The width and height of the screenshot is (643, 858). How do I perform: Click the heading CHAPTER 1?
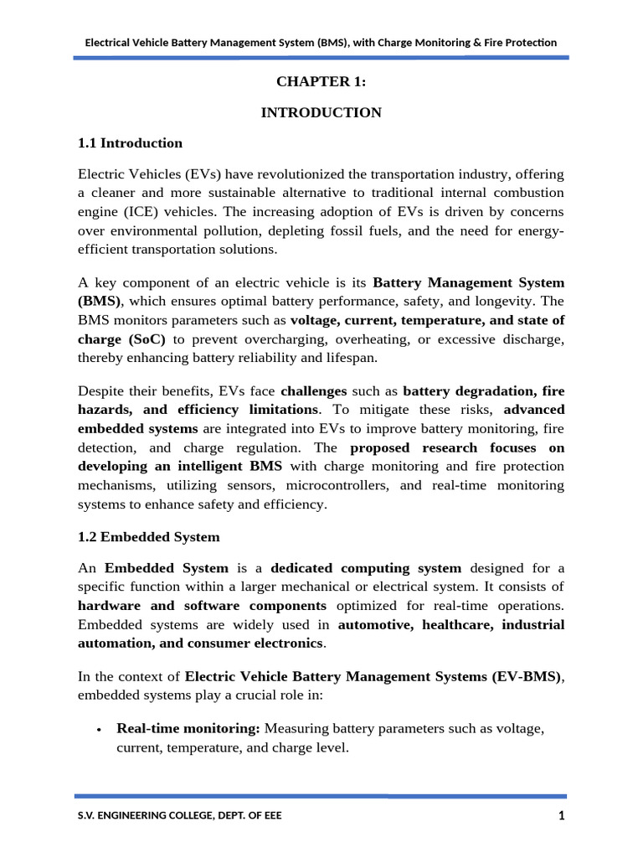pos(321,81)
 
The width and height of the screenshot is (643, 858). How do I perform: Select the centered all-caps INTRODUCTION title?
pos(321,112)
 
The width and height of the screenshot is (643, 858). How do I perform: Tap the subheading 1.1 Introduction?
pos(130,143)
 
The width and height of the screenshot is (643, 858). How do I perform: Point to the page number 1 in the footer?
pos(562,816)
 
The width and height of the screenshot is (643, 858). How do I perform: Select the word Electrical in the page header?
pos(111,42)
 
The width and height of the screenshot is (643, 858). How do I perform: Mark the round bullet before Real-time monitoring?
pos(99,730)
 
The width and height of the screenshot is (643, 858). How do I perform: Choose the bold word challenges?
pos(313,390)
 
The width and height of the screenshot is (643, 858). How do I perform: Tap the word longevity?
pos(507,302)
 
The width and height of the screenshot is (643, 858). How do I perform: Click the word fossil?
pos(385,230)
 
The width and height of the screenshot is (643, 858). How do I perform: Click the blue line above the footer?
pos(321,796)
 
